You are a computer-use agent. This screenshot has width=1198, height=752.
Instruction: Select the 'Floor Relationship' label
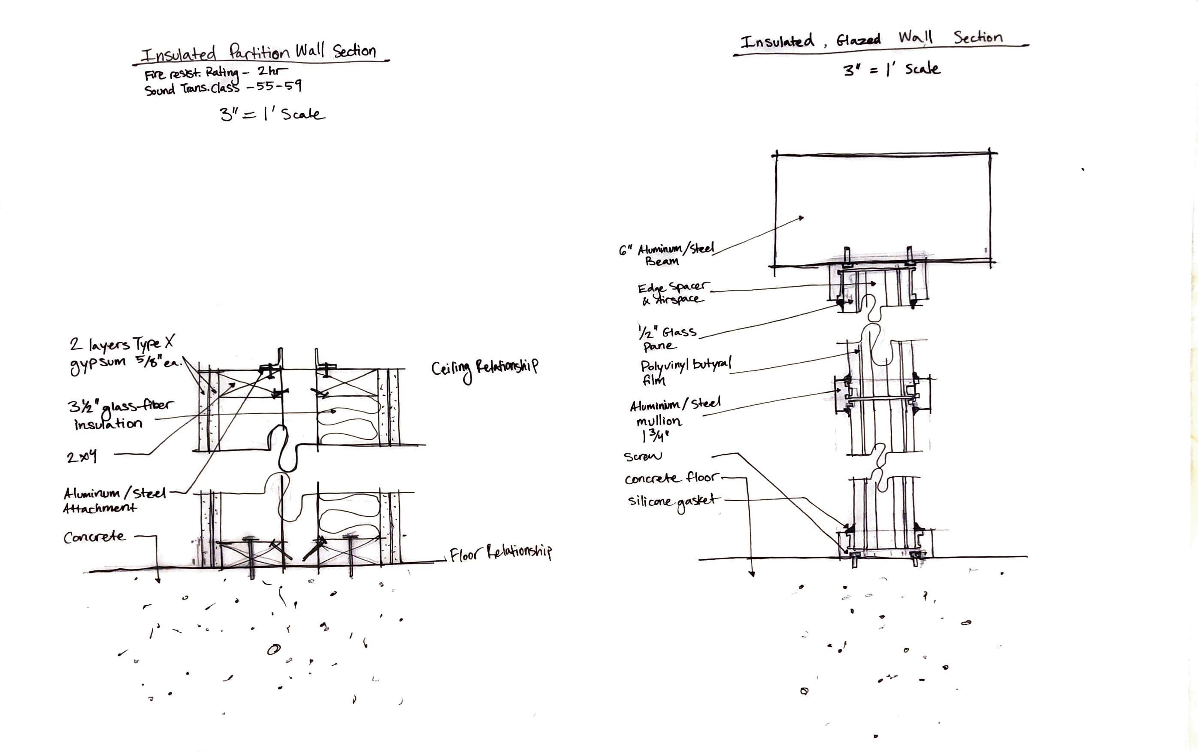pos(501,554)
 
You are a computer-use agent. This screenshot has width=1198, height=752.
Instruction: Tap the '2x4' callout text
pos(82,457)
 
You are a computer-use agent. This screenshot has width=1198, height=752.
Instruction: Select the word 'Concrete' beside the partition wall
pos(94,537)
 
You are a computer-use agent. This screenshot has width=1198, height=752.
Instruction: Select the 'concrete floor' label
pos(670,479)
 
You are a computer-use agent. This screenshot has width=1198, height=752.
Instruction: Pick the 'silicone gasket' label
pos(672,501)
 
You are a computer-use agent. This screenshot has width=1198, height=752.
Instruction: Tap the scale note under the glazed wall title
pos(891,69)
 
